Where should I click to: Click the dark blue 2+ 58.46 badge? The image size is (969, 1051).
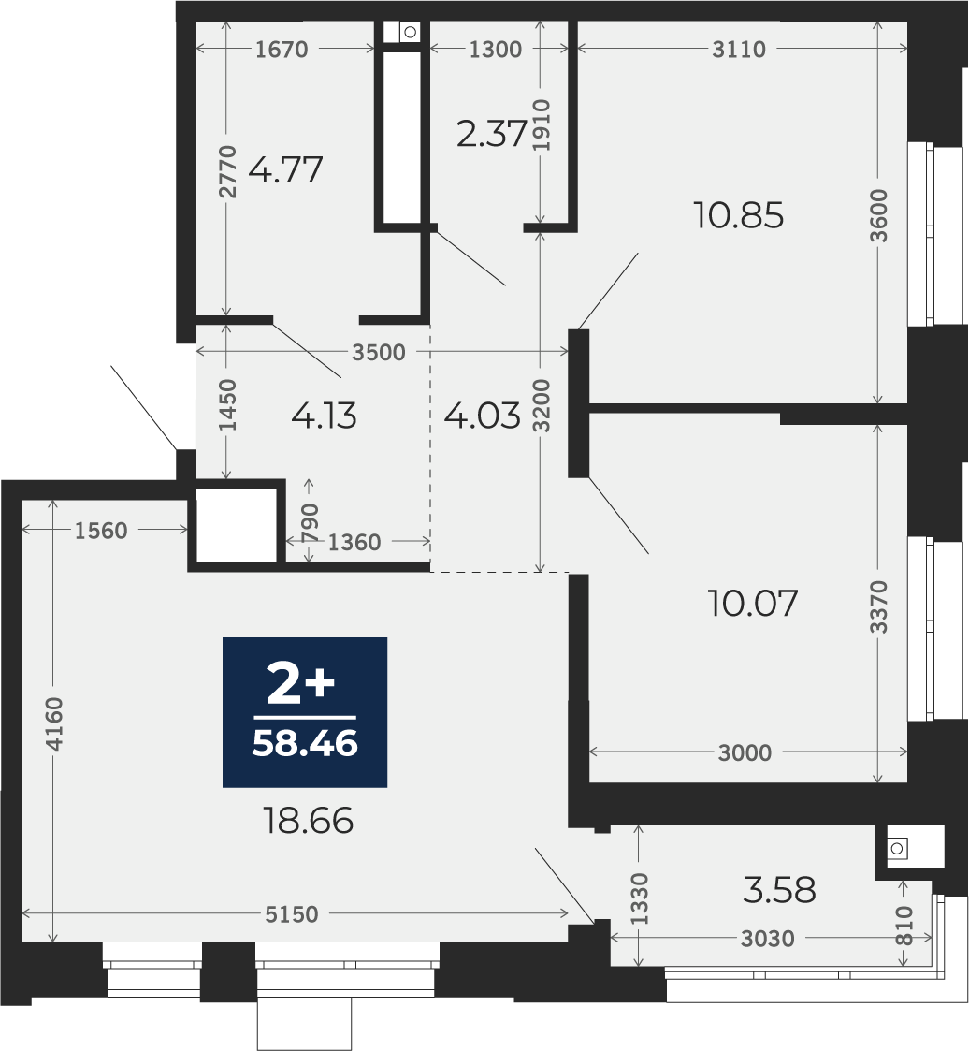(x=305, y=712)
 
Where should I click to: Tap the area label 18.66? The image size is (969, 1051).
(x=309, y=821)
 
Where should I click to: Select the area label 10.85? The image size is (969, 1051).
(x=738, y=216)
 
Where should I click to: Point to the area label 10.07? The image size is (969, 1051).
(x=753, y=604)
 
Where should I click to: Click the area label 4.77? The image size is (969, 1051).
(x=286, y=169)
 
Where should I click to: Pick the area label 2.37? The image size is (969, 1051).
(x=492, y=134)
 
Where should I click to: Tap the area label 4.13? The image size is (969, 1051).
(x=325, y=416)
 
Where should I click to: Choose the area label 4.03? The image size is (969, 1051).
(x=482, y=416)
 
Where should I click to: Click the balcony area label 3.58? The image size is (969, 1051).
(x=779, y=891)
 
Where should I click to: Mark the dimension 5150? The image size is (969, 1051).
(x=291, y=914)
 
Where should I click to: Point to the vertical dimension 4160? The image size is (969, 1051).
(x=53, y=723)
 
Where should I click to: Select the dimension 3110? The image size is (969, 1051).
(x=739, y=49)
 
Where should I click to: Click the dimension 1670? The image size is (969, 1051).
(x=282, y=49)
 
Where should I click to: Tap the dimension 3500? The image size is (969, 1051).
(x=379, y=352)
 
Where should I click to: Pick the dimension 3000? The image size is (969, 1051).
(x=745, y=752)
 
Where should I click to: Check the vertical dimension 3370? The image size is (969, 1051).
(x=878, y=606)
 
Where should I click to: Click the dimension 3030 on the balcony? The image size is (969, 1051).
(x=767, y=939)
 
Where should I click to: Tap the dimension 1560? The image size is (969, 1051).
(x=101, y=531)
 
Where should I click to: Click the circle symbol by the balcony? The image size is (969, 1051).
(x=897, y=849)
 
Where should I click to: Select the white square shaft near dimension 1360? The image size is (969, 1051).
(x=237, y=525)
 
